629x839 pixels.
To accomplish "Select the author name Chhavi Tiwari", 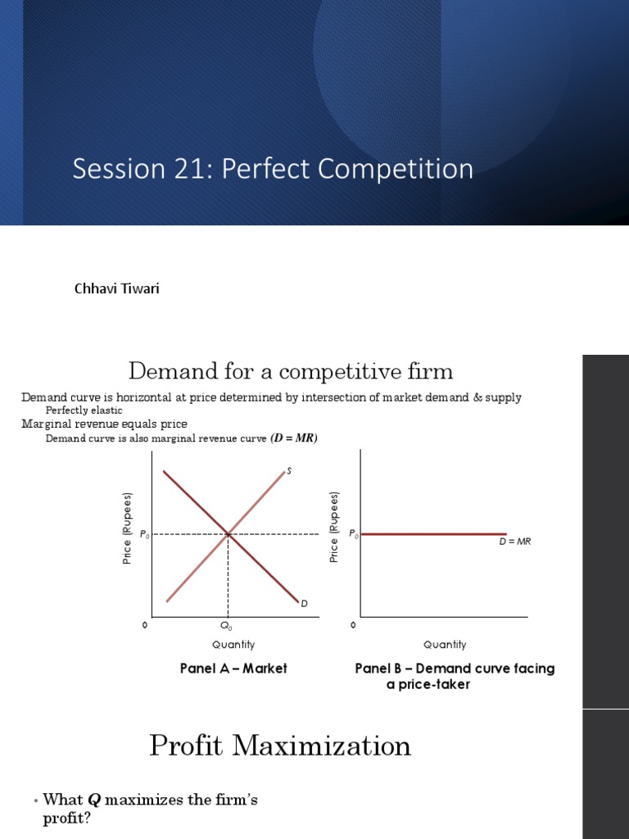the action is [116, 288].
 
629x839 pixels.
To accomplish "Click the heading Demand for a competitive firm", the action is [291, 371].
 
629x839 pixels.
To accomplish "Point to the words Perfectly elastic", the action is [84, 410].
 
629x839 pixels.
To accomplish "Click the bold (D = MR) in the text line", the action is [294, 438].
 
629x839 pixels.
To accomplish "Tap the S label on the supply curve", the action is [289, 471].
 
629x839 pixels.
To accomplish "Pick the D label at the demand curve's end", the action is [305, 604].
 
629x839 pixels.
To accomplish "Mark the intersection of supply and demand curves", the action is [228, 533].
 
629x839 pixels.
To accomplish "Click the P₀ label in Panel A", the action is [144, 534].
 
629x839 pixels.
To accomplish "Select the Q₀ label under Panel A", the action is [226, 625].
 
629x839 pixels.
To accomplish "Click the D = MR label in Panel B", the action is [515, 542].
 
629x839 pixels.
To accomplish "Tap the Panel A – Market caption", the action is [233, 669].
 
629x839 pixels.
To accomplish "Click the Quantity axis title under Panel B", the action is [445, 645].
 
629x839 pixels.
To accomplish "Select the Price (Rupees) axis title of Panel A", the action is [127, 528].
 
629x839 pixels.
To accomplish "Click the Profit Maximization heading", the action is [280, 746].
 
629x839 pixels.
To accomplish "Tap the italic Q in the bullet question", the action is [93, 800].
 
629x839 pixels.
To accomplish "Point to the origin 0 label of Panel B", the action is [352, 625].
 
